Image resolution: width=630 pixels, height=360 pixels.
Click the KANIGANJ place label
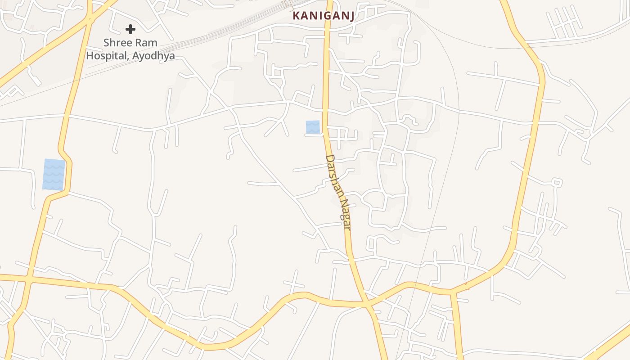[x=323, y=16]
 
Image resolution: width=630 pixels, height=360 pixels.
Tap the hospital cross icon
[x=130, y=30]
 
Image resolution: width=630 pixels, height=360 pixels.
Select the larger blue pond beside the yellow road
[x=54, y=174]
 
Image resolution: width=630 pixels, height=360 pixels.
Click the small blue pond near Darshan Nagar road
[x=313, y=127]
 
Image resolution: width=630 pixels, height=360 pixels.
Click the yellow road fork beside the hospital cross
[x=90, y=18]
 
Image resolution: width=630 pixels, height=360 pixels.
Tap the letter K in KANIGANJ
[x=296, y=16]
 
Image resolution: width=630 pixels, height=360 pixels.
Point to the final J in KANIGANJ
[x=351, y=16]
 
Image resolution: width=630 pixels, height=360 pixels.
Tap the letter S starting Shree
[x=107, y=43]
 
